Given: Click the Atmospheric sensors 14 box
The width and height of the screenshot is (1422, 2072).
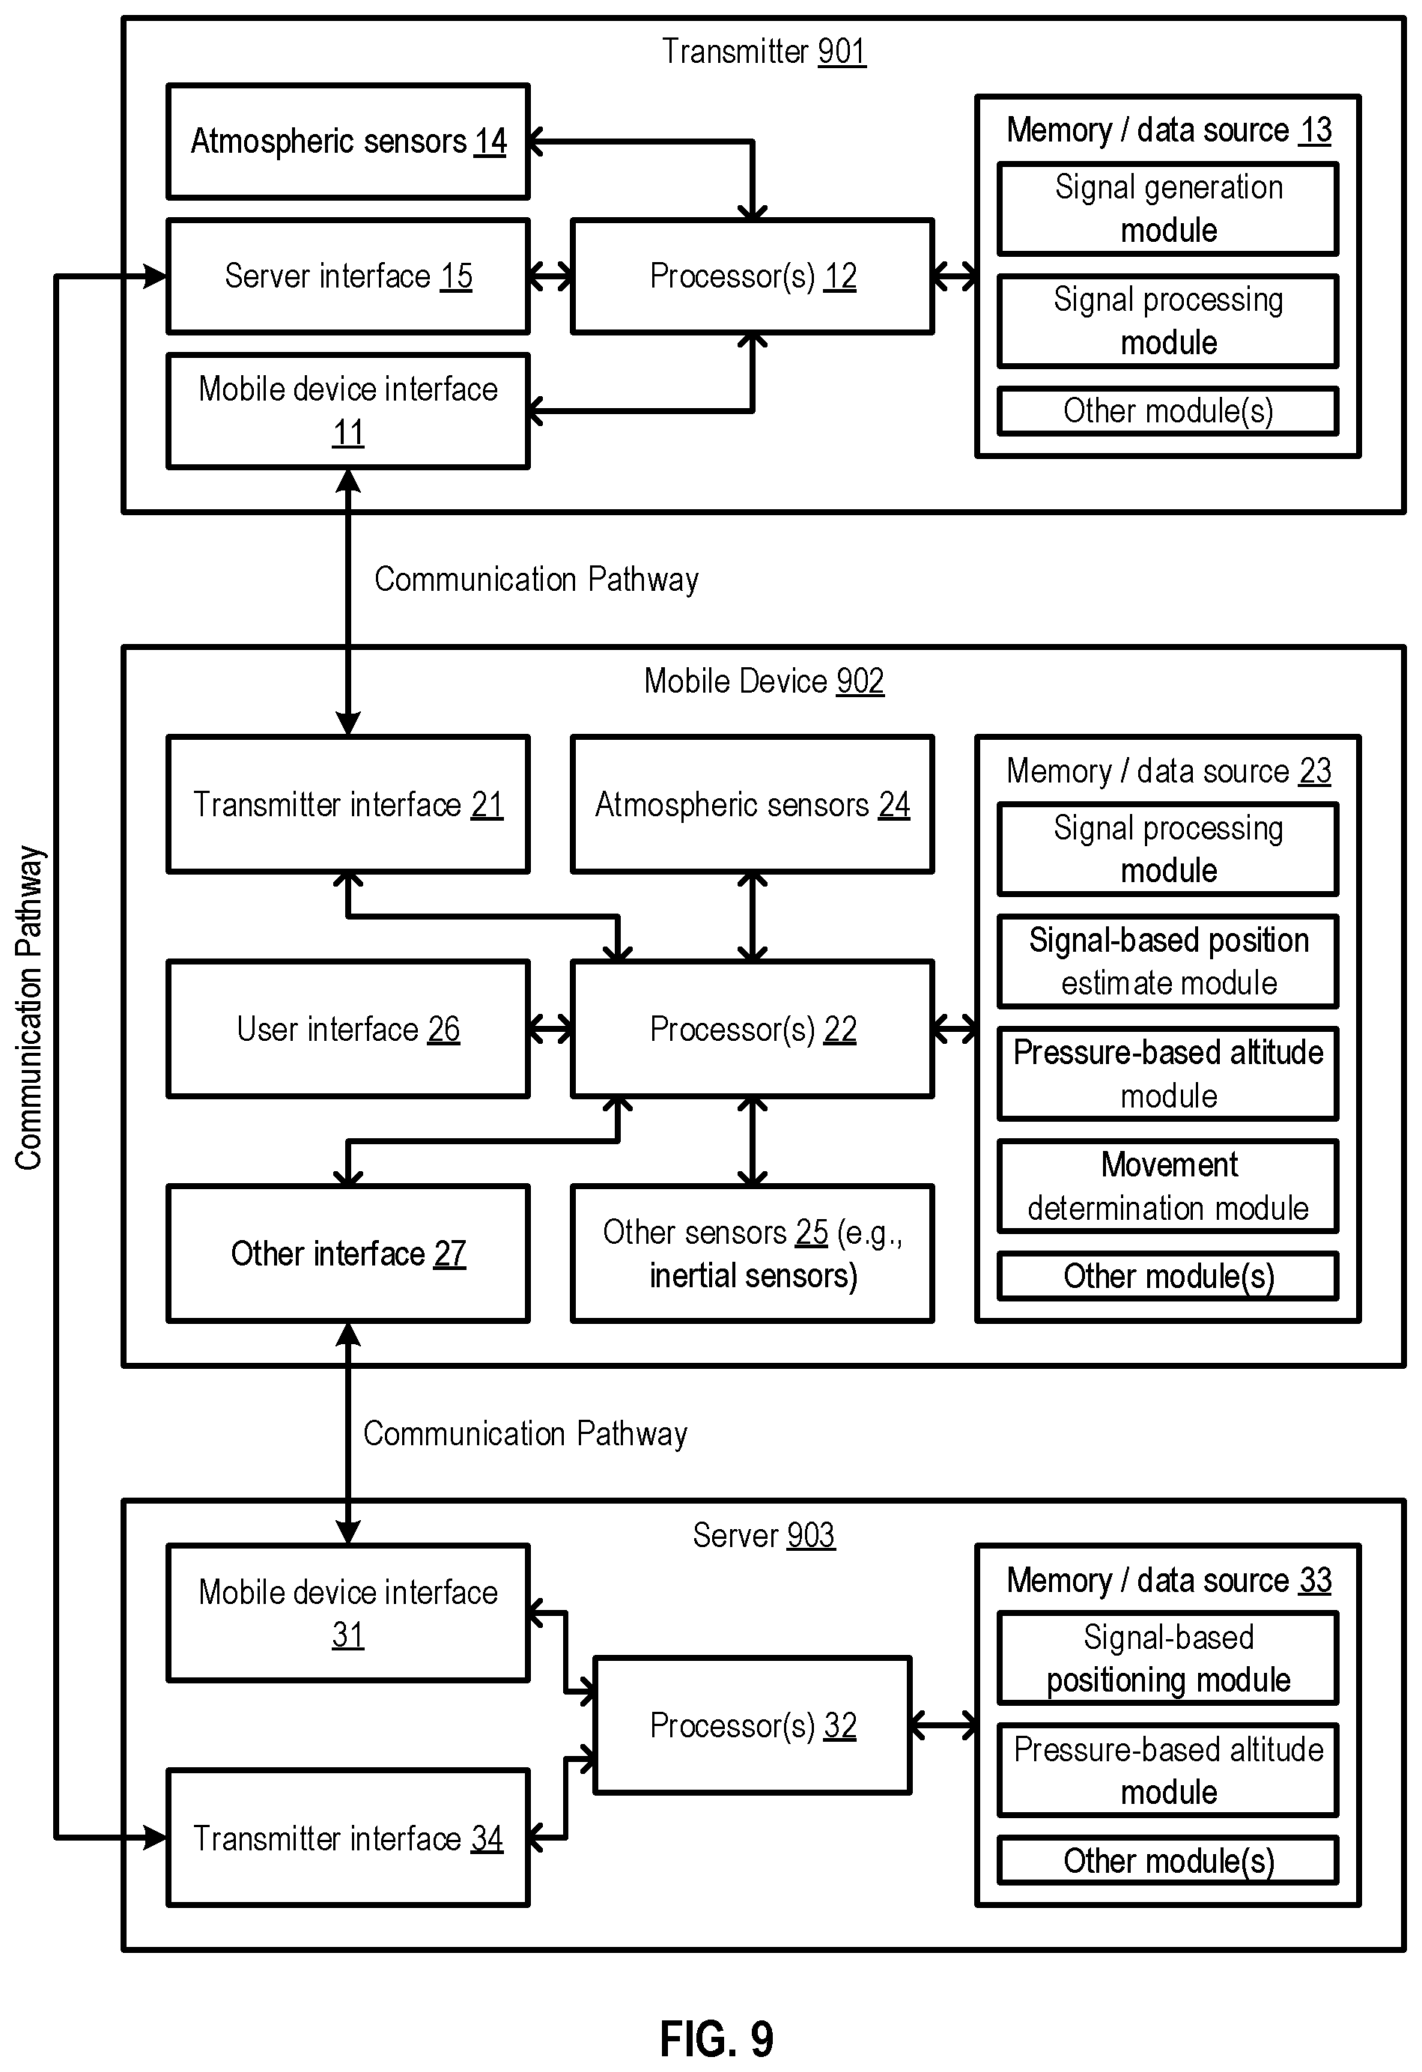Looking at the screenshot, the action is pyautogui.click(x=347, y=141).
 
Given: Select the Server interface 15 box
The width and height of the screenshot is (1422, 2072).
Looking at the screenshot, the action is pyautogui.click(x=347, y=276).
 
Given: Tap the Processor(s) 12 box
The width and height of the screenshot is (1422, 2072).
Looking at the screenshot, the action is pyautogui.click(x=753, y=276).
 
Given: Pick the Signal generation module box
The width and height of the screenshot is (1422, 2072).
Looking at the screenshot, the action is pyautogui.click(x=1168, y=209).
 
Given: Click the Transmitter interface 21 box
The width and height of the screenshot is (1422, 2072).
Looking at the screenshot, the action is pyautogui.click(x=347, y=804).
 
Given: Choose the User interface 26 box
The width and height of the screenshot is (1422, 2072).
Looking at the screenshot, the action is pyautogui.click(x=347, y=1029).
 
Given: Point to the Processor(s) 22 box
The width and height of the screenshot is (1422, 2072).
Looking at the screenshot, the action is pyautogui.click(x=753, y=1029).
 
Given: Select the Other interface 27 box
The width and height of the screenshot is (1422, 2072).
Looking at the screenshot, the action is pyautogui.click(x=347, y=1254).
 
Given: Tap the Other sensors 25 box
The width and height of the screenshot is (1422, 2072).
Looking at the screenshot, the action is pyautogui.click(x=753, y=1254).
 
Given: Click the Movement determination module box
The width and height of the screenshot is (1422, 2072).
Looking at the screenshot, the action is pyautogui.click(x=1168, y=1187).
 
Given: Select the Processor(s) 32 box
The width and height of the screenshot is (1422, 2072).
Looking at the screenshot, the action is pyautogui.click(x=753, y=1725).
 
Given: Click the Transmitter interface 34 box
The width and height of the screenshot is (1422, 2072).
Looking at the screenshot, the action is pyautogui.click(x=347, y=1838).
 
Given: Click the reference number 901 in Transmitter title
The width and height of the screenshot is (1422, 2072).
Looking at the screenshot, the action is pyautogui.click(x=841, y=52).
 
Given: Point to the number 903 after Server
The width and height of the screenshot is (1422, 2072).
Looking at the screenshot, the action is pyautogui.click(x=810, y=1535).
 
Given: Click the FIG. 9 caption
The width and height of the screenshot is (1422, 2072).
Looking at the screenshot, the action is pyautogui.click(x=716, y=2038).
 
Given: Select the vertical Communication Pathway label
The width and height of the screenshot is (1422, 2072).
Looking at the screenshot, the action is pyautogui.click(x=28, y=1007).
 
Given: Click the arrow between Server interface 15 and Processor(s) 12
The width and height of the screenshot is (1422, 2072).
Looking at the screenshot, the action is pyautogui.click(x=551, y=277).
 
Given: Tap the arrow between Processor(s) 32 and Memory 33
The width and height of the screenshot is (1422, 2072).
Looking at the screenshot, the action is pyautogui.click(x=944, y=1726).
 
